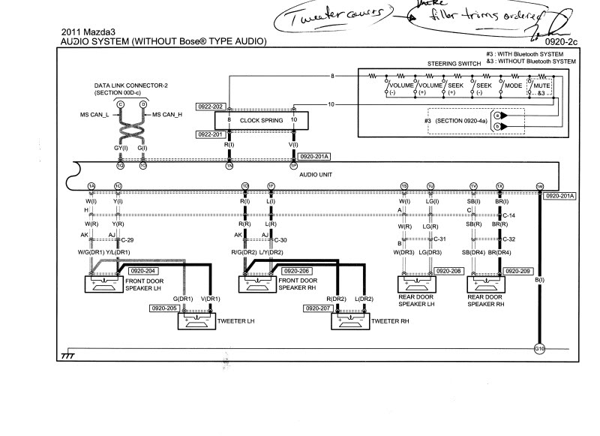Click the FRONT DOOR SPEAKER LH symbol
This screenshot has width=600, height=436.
(108, 284)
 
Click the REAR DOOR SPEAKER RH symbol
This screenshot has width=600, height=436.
(490, 284)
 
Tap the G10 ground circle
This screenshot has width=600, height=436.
(538, 347)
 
